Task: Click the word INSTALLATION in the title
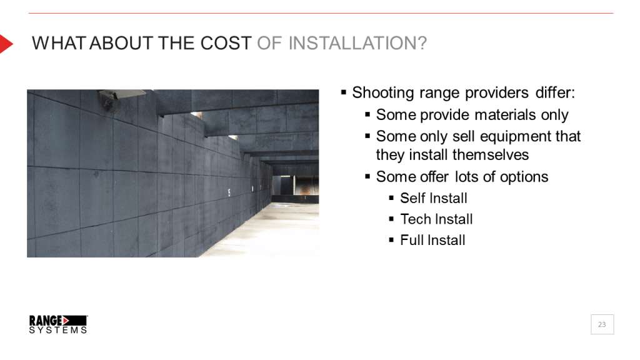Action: [357, 44]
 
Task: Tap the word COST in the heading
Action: [226, 44]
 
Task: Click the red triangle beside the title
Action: [6, 44]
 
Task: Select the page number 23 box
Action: [602, 324]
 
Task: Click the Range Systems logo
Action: [58, 324]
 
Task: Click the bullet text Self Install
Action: [434, 198]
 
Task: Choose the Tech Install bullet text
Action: [436, 219]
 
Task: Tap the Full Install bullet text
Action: [432, 241]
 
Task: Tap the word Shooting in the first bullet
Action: [383, 93]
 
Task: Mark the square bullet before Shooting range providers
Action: [343, 92]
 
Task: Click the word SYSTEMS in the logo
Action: [58, 330]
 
